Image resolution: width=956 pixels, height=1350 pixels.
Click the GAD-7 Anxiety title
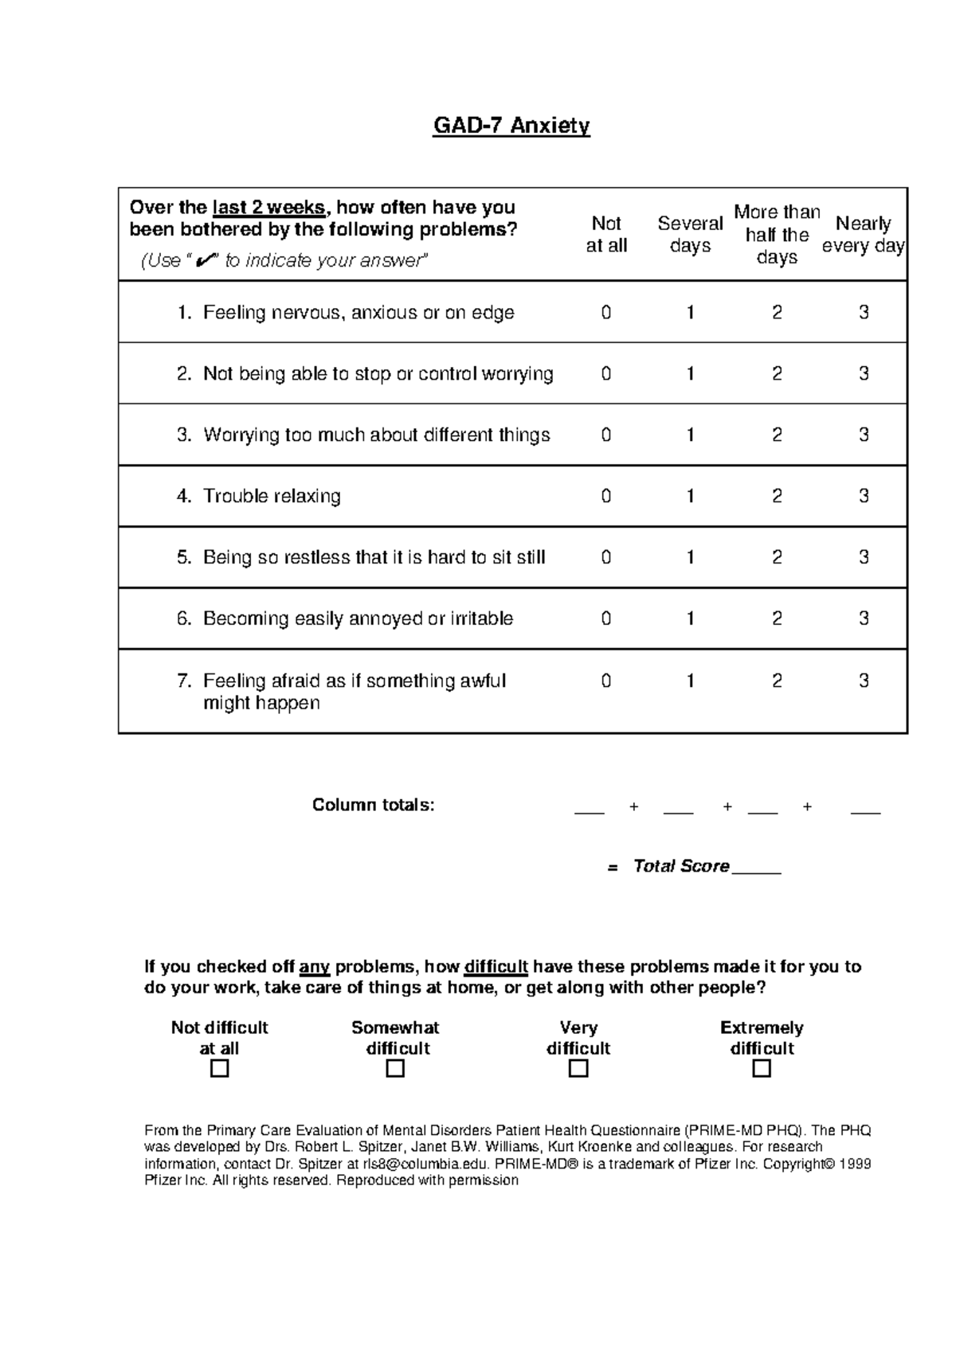511,126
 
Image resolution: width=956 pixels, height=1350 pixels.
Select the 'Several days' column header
690,235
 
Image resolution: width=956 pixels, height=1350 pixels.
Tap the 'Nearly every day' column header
863,235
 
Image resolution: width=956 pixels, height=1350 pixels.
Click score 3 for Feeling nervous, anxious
864,313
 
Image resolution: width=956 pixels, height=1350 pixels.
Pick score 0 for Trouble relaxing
606,497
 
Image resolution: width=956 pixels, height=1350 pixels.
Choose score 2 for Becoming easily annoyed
777,618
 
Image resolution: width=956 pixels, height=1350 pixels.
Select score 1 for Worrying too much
690,435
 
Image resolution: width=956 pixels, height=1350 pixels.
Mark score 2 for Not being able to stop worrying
777,374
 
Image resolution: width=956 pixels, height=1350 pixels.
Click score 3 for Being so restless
864,557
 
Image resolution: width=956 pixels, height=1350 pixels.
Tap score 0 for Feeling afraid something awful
606,681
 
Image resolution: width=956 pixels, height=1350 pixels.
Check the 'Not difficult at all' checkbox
219,1069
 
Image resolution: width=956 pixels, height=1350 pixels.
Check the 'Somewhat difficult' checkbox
395,1069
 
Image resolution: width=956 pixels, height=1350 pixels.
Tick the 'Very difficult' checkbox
578,1069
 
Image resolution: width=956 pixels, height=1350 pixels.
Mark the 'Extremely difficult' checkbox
762,1069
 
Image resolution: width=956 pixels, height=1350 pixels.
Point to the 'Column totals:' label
373,805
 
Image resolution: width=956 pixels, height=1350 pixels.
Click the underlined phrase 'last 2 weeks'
268,208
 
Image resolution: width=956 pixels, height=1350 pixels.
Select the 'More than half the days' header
777,235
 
